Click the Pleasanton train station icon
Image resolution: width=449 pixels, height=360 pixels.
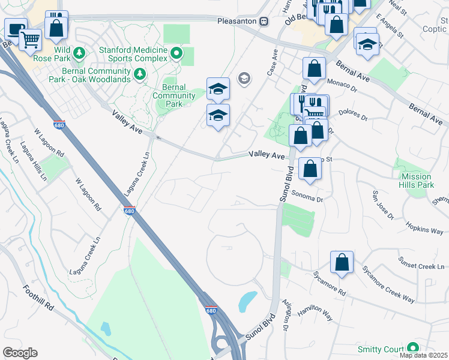pyautogui.click(x=264, y=20)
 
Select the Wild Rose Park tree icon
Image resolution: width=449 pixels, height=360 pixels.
pyautogui.click(x=79, y=54)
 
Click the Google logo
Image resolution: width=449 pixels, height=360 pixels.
pyautogui.click(x=20, y=353)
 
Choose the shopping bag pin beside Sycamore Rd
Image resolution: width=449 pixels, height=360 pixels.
pyautogui.click(x=342, y=262)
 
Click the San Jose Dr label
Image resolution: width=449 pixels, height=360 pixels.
pyautogui.click(x=381, y=205)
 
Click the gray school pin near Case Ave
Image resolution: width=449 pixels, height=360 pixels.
pyautogui.click(x=244, y=78)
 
